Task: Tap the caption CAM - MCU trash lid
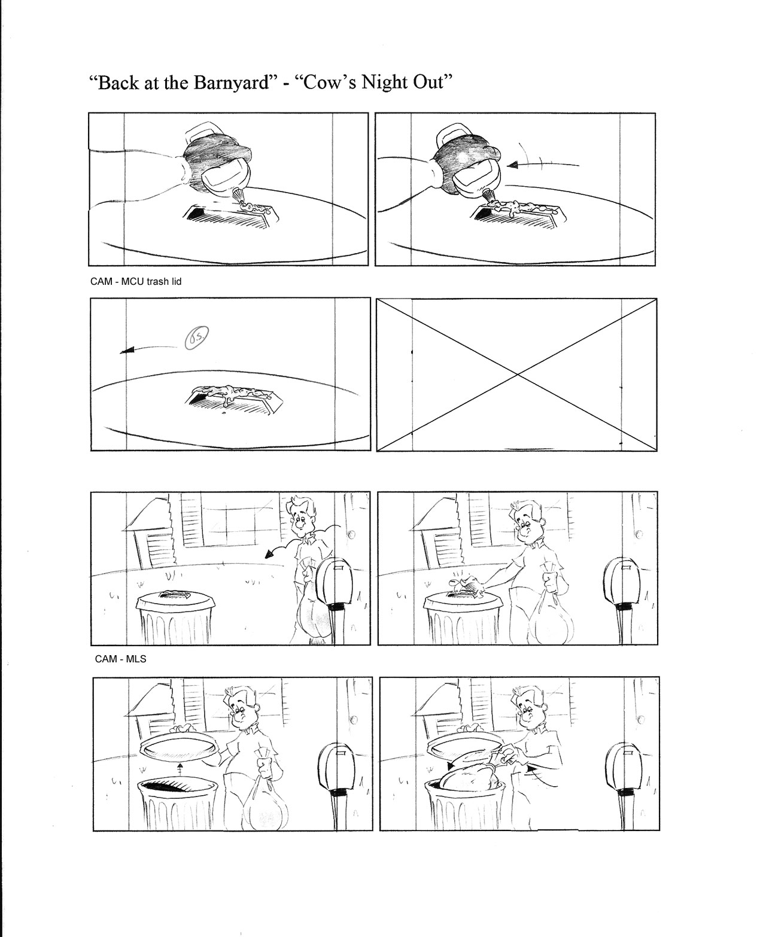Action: tap(136, 282)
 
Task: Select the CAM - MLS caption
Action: tap(120, 659)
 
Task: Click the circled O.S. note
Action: tap(196, 338)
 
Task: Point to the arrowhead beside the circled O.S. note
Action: tap(126, 351)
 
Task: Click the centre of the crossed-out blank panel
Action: tap(517, 375)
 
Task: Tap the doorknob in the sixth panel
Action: tap(639, 534)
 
